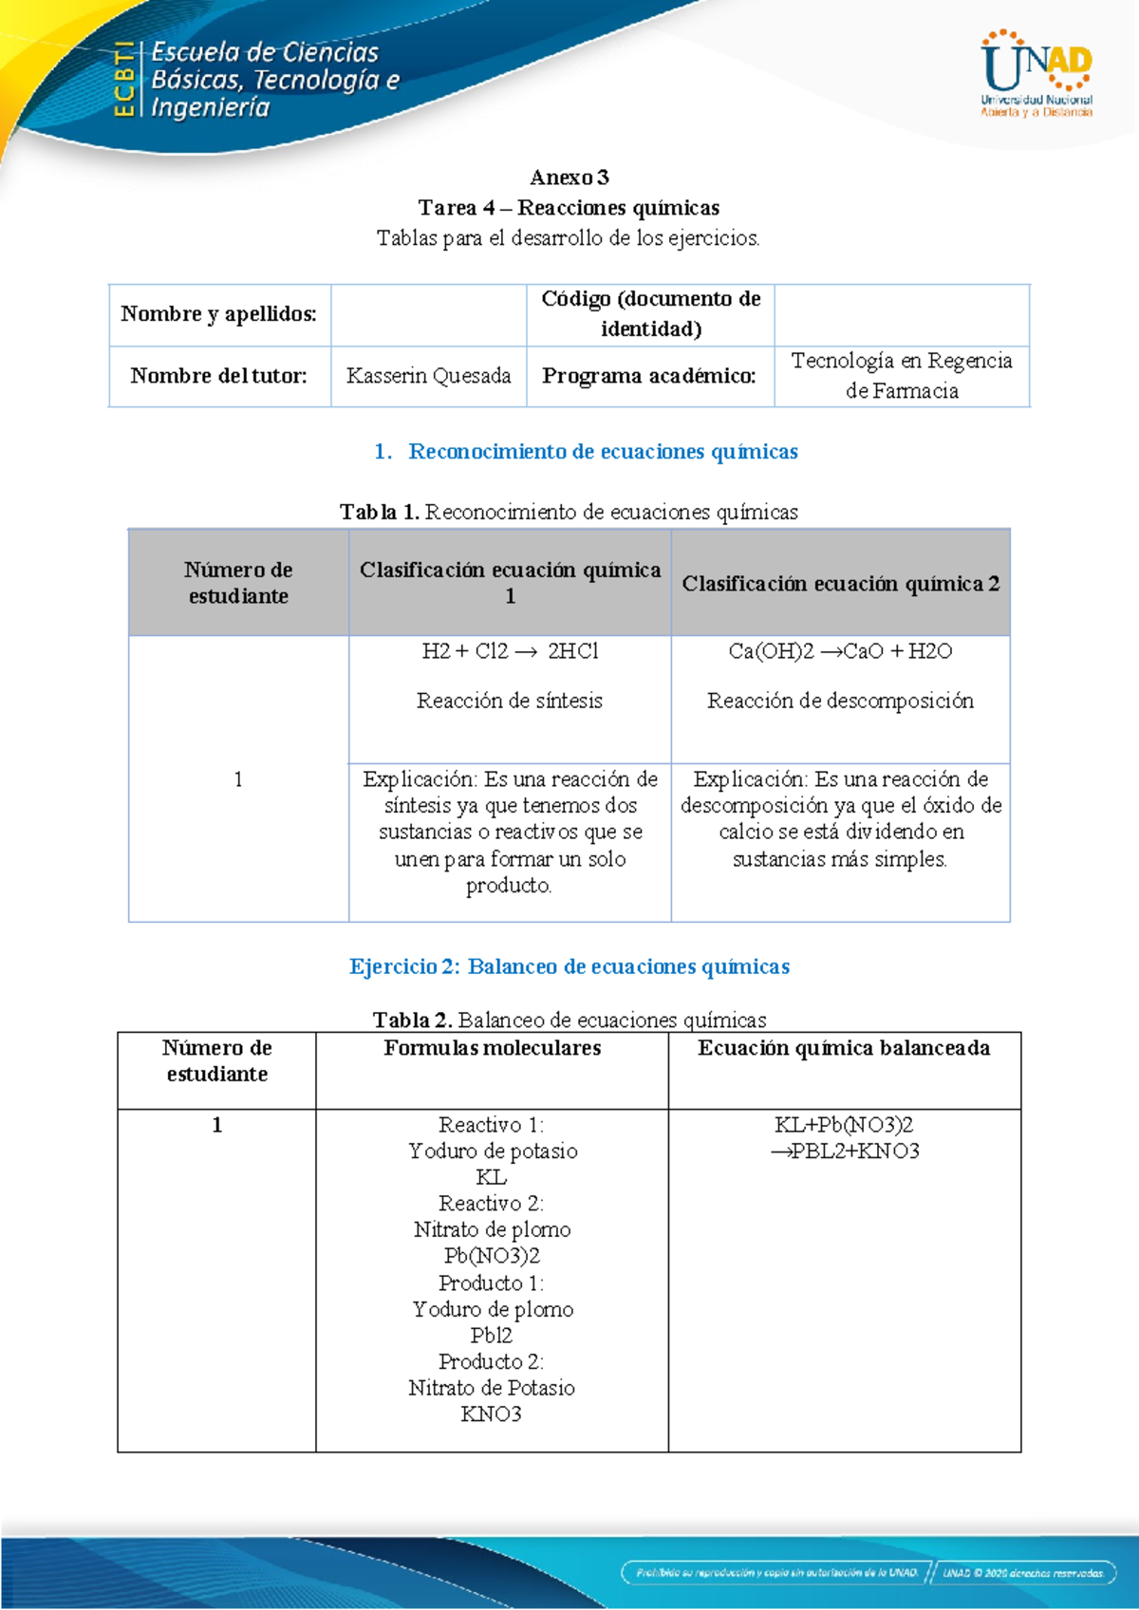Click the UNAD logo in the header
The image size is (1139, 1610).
pyautogui.click(x=1036, y=74)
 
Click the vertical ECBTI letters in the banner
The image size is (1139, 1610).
pyautogui.click(x=123, y=80)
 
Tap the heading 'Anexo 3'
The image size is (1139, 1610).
pyautogui.click(x=569, y=178)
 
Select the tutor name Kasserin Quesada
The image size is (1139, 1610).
pyautogui.click(x=428, y=376)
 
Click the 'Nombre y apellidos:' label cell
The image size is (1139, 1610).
pyautogui.click(x=218, y=314)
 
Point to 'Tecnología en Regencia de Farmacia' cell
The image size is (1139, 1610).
pyautogui.click(x=902, y=376)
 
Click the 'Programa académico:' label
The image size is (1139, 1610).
pyautogui.click(x=649, y=376)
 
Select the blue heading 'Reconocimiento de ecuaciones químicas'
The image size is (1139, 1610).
pyautogui.click(x=603, y=452)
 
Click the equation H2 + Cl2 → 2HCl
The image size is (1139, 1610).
pyautogui.click(x=510, y=651)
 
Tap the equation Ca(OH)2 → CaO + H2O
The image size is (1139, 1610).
pyautogui.click(x=840, y=651)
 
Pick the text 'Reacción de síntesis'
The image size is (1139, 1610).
pyautogui.click(x=510, y=701)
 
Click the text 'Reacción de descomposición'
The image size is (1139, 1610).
pyautogui.click(x=840, y=701)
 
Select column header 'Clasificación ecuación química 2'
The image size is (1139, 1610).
pyautogui.click(x=840, y=584)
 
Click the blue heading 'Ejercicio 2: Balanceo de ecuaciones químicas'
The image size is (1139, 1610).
pyautogui.click(x=569, y=966)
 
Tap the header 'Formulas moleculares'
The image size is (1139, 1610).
pyautogui.click(x=492, y=1048)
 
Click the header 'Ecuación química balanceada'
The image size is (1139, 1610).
pyautogui.click(x=844, y=1048)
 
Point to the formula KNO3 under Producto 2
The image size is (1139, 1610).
pyautogui.click(x=491, y=1414)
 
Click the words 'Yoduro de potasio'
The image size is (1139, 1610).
pyautogui.click(x=493, y=1151)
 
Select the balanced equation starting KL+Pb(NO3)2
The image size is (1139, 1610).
pyautogui.click(x=844, y=1137)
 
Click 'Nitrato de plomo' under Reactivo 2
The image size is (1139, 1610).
pyautogui.click(x=492, y=1230)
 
